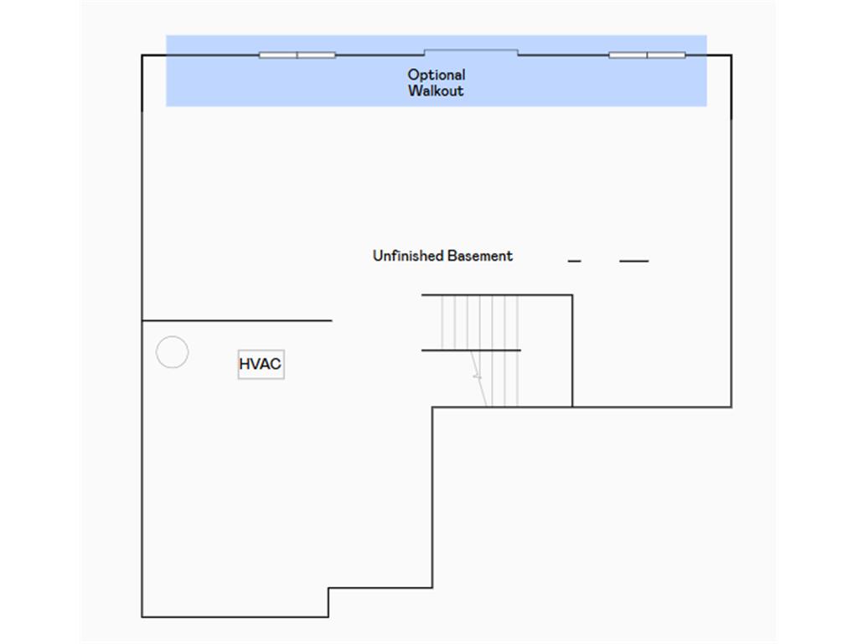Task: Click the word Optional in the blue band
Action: (436, 75)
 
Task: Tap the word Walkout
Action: (436, 91)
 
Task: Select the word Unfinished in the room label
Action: (408, 256)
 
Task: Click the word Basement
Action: (480, 256)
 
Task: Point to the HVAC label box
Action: (261, 364)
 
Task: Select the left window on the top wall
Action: (297, 55)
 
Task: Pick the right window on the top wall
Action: (647, 55)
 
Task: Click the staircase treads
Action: (480, 351)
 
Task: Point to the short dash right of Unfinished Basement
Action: (574, 262)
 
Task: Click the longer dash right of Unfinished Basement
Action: (634, 262)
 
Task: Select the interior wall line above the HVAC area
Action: (237, 320)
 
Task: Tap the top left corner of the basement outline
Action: (142, 55)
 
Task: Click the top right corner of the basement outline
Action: (731, 55)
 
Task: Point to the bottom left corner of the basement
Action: (142, 617)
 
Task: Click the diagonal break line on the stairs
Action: (478, 378)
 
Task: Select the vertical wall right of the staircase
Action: (572, 351)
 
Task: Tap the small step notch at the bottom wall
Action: (328, 602)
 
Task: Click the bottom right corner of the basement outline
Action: (731, 407)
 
